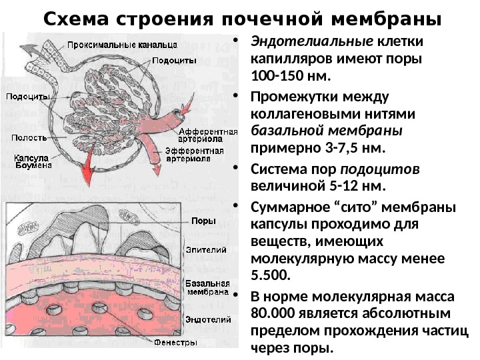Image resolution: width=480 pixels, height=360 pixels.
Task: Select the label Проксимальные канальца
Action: [x=122, y=45]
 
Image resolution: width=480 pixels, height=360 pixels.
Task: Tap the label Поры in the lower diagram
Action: [x=202, y=221]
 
